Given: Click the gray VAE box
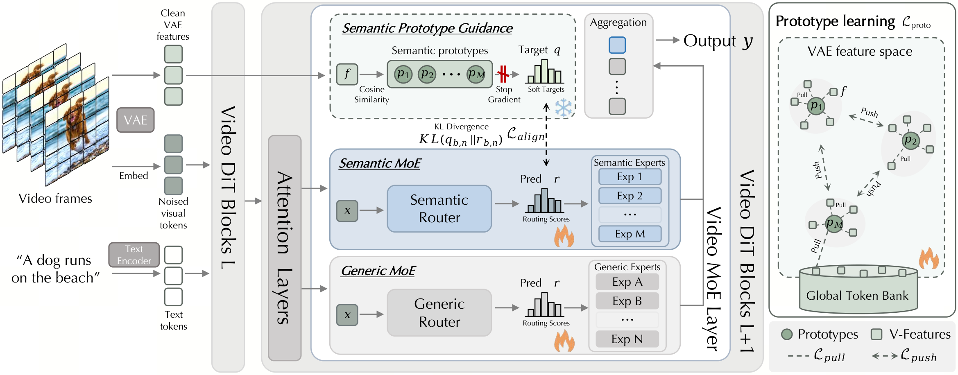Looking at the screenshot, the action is coord(135,120).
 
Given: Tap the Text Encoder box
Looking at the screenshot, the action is coord(134,255).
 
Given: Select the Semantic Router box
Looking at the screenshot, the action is coord(439,209).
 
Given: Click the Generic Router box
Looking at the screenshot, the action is coord(439,313).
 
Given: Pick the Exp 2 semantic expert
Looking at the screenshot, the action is coord(630,196).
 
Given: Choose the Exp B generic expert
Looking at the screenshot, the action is coord(627,301).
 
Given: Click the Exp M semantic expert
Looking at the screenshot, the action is coord(630,234).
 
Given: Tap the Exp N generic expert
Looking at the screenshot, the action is coord(627,339).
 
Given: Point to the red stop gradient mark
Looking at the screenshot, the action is coord(503,74).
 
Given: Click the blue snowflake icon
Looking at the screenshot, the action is coord(564,108).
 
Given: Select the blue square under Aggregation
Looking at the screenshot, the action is coord(617,45).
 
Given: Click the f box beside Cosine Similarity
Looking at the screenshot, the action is coord(347,74).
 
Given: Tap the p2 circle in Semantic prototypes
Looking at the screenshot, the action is coord(427,74).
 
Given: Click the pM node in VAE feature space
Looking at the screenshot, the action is coord(834,224).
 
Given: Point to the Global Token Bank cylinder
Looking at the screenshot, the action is coord(858,289).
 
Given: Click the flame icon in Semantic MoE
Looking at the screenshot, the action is coord(564,236).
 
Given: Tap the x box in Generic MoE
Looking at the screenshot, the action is coord(347,315).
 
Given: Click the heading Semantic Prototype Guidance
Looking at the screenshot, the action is coord(427,28).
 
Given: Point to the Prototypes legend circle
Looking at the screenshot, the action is coord(786,334).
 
